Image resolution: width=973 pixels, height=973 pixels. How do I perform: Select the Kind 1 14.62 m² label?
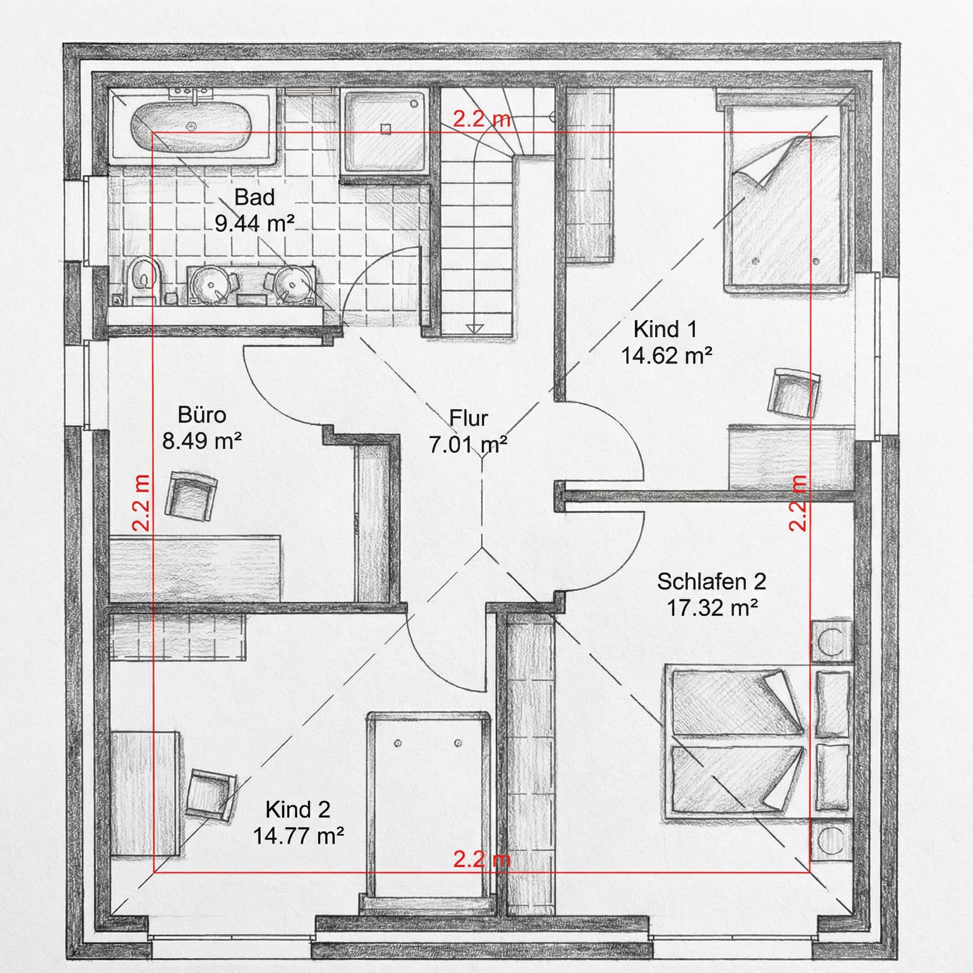[665, 343]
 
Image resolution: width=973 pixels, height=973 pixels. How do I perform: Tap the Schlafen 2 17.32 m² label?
[711, 595]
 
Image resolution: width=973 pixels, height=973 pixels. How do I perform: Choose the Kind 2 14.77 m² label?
[298, 823]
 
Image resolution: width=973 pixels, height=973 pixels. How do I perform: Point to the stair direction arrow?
[475, 328]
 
